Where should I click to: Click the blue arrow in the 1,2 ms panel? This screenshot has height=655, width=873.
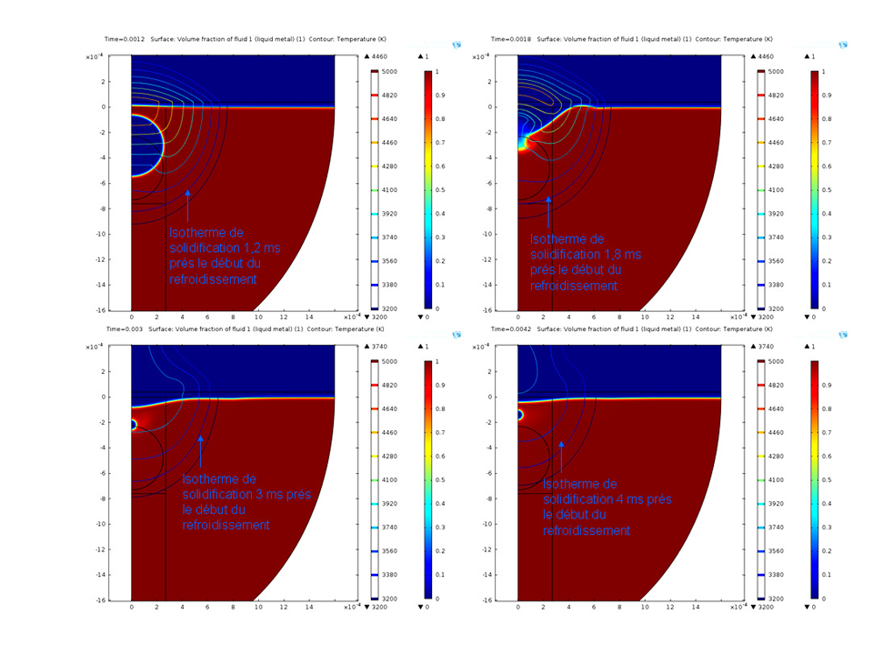[x=187, y=205]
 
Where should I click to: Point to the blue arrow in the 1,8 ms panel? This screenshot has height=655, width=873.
[x=548, y=210]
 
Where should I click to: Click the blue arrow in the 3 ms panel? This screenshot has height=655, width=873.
[x=201, y=450]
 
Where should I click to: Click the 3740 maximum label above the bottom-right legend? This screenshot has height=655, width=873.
[x=768, y=347]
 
